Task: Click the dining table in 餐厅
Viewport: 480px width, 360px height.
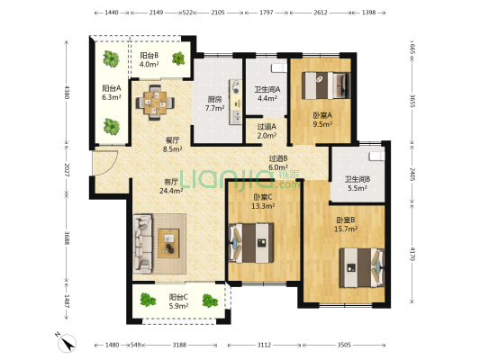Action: [x=155, y=103]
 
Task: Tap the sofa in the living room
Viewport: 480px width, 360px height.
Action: [x=142, y=244]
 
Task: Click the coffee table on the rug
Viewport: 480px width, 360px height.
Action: [x=168, y=244]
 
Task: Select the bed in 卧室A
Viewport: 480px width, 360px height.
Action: [x=326, y=85]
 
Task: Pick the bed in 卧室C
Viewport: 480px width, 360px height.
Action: [x=251, y=243]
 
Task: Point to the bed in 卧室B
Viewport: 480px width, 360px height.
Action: [x=362, y=268]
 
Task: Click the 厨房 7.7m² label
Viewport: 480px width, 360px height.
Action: [x=214, y=103]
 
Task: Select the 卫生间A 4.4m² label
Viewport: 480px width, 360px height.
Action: [x=267, y=94]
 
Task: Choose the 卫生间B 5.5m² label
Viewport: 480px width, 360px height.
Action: [x=358, y=184]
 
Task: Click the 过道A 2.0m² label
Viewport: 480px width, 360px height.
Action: [x=267, y=130]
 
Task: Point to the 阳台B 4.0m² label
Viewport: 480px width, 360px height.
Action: [x=149, y=59]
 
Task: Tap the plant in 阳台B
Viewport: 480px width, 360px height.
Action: [x=178, y=58]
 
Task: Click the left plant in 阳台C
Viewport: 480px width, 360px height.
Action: [x=148, y=300]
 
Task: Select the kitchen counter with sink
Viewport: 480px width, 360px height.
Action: [x=235, y=102]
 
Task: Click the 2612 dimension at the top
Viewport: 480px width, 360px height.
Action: [x=321, y=13]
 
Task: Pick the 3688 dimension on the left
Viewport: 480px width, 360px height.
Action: [x=67, y=238]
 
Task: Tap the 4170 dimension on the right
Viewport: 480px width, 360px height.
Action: [x=412, y=254]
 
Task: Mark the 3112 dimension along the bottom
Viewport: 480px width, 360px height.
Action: [x=264, y=345]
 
